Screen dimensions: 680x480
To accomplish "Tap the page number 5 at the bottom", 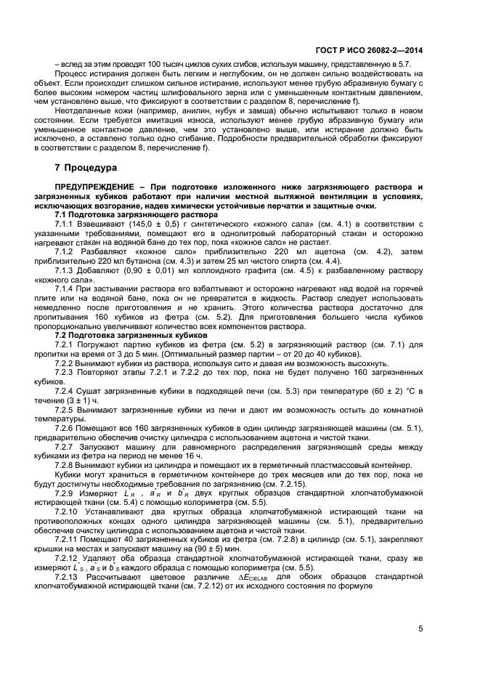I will point(420,629).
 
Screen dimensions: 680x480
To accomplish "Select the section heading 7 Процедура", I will point(86,167).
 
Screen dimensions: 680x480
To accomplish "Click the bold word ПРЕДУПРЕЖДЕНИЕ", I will point(96,187).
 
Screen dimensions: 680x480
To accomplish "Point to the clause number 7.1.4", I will point(67,290).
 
